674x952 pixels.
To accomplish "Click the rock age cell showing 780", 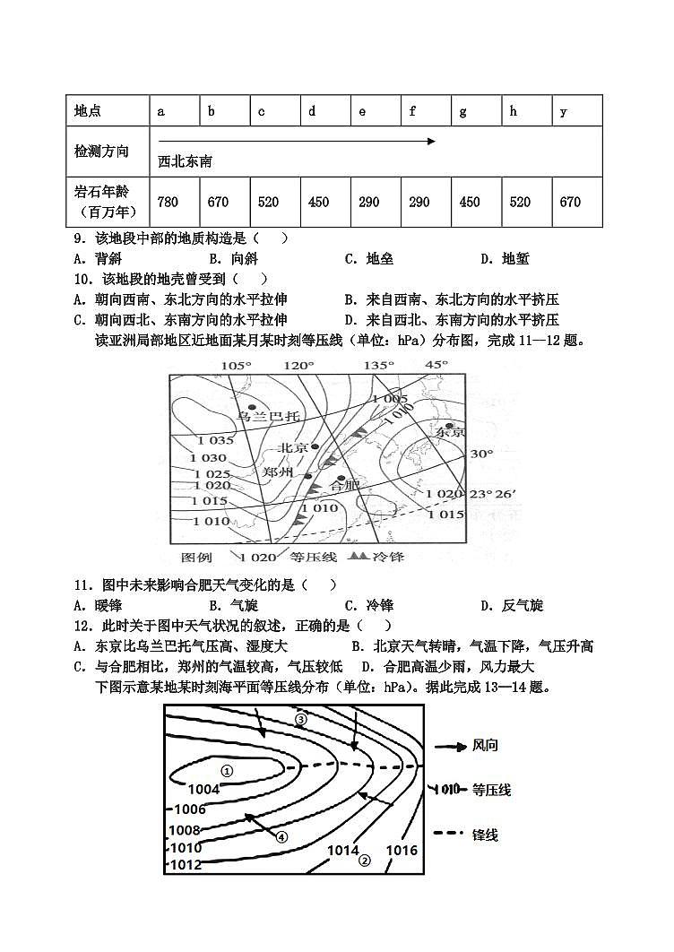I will point(168,202).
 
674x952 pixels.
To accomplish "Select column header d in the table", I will point(312,111).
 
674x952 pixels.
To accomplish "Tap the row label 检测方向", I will point(101,151).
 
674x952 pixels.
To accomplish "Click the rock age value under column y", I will point(570,202).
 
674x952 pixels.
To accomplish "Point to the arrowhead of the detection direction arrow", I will point(432,141).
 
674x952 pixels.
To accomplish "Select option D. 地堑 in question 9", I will point(505,259).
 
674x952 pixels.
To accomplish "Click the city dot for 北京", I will point(315,446).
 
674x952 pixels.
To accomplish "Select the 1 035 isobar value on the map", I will point(216,440).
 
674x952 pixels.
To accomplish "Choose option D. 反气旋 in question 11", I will point(512,605).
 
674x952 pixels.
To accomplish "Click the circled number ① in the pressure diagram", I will point(227,770).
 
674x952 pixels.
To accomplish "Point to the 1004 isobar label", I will point(204,790).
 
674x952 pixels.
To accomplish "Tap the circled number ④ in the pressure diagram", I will point(281,837).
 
